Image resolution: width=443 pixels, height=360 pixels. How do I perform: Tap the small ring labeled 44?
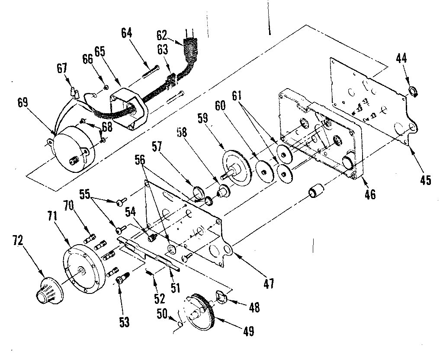414,92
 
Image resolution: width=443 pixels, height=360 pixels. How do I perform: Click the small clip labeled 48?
222,298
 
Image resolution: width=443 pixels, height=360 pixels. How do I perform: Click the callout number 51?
175,287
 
